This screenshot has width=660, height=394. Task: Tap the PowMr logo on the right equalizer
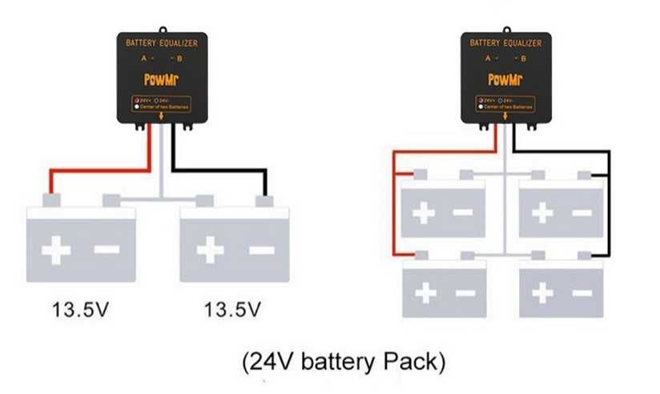coord(505,80)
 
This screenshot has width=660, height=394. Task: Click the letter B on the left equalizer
coord(179,58)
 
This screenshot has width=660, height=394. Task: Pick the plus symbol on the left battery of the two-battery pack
coord(56,250)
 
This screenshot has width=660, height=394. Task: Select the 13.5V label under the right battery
coord(232,309)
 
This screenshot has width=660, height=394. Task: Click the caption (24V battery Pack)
coord(343,360)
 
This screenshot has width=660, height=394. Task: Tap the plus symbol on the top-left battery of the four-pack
coord(424,212)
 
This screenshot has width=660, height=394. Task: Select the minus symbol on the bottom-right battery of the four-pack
coord(582,293)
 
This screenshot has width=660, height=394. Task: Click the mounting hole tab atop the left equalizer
coord(162,30)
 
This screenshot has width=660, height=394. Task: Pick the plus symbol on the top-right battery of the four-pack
coord(542,212)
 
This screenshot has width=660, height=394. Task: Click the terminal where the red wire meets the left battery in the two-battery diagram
coord(51,199)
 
